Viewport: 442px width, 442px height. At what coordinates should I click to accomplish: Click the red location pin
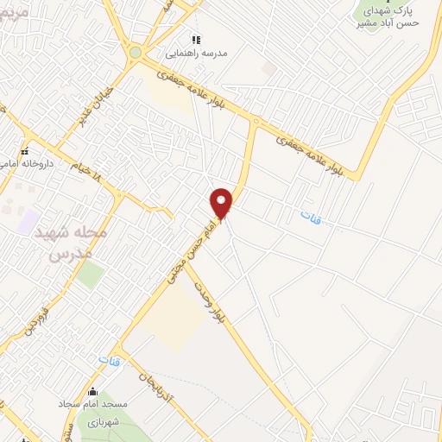[222, 202]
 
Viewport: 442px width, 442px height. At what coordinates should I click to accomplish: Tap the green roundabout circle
[135, 53]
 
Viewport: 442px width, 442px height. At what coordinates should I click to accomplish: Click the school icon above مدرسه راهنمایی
[195, 40]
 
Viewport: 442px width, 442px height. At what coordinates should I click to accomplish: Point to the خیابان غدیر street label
[96, 103]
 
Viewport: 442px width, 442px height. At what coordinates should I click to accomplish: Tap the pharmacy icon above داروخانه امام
[23, 152]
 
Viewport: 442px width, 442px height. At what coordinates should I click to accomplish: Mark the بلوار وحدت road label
[209, 304]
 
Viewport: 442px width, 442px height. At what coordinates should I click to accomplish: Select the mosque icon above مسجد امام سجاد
[93, 391]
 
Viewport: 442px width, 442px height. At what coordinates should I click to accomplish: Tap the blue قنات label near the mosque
[109, 359]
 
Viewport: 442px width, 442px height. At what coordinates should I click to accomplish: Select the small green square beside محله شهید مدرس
[90, 275]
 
